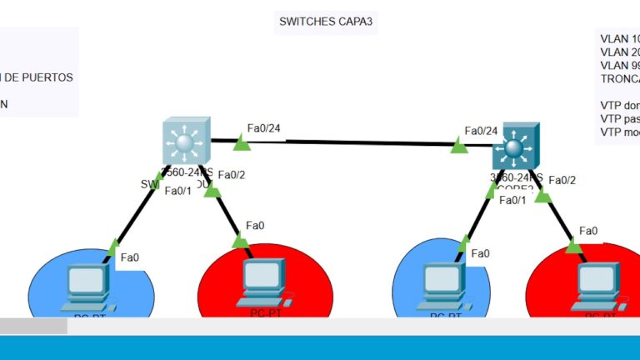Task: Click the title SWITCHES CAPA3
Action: click(x=326, y=22)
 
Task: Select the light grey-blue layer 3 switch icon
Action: click(x=185, y=142)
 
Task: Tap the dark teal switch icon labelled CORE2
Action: click(x=515, y=147)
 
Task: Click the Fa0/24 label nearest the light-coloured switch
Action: click(x=263, y=128)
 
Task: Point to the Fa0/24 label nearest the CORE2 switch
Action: click(x=481, y=130)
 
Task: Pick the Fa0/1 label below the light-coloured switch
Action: click(x=177, y=191)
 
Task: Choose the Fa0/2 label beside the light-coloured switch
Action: click(x=231, y=175)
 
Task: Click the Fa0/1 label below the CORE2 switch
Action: click(x=512, y=199)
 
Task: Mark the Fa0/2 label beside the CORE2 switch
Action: click(x=562, y=180)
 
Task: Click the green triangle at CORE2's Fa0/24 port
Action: click(x=459, y=147)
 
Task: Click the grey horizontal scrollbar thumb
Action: click(x=33, y=327)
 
